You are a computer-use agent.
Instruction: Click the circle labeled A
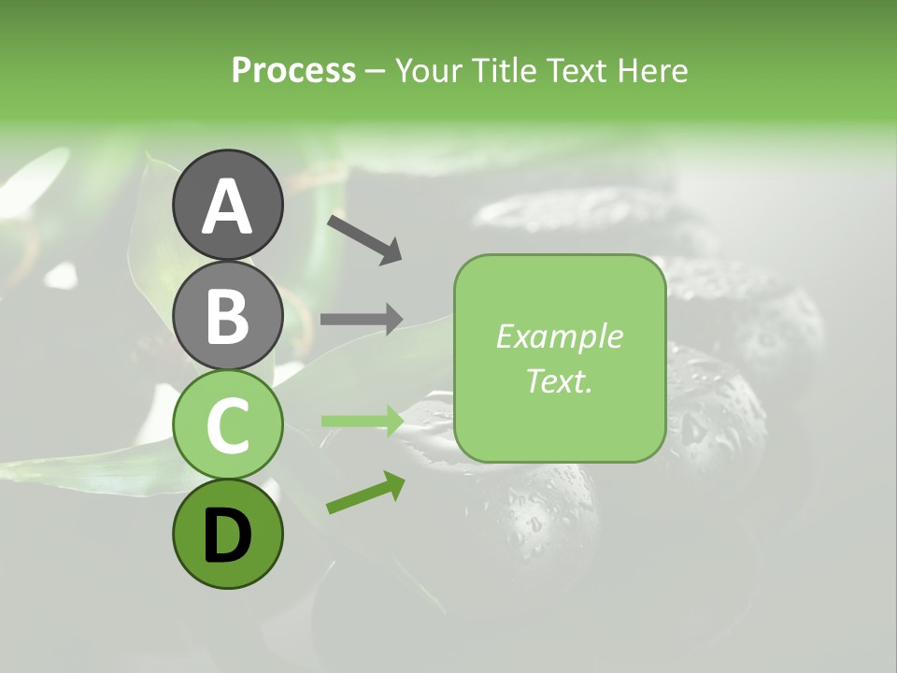point(227,205)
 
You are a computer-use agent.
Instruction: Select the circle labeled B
point(227,315)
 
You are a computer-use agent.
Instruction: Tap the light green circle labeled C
point(227,424)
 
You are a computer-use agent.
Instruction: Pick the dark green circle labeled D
point(227,534)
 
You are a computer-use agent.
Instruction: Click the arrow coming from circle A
point(364,238)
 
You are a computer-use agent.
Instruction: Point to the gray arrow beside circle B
point(362,319)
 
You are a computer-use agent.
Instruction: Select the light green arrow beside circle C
point(362,421)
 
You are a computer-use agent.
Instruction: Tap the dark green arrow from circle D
point(365,493)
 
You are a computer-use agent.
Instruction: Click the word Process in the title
point(293,70)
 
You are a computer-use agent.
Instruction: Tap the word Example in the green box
point(559,336)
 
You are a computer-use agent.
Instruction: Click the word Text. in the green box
point(559,380)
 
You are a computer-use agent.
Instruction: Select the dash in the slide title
point(376,71)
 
